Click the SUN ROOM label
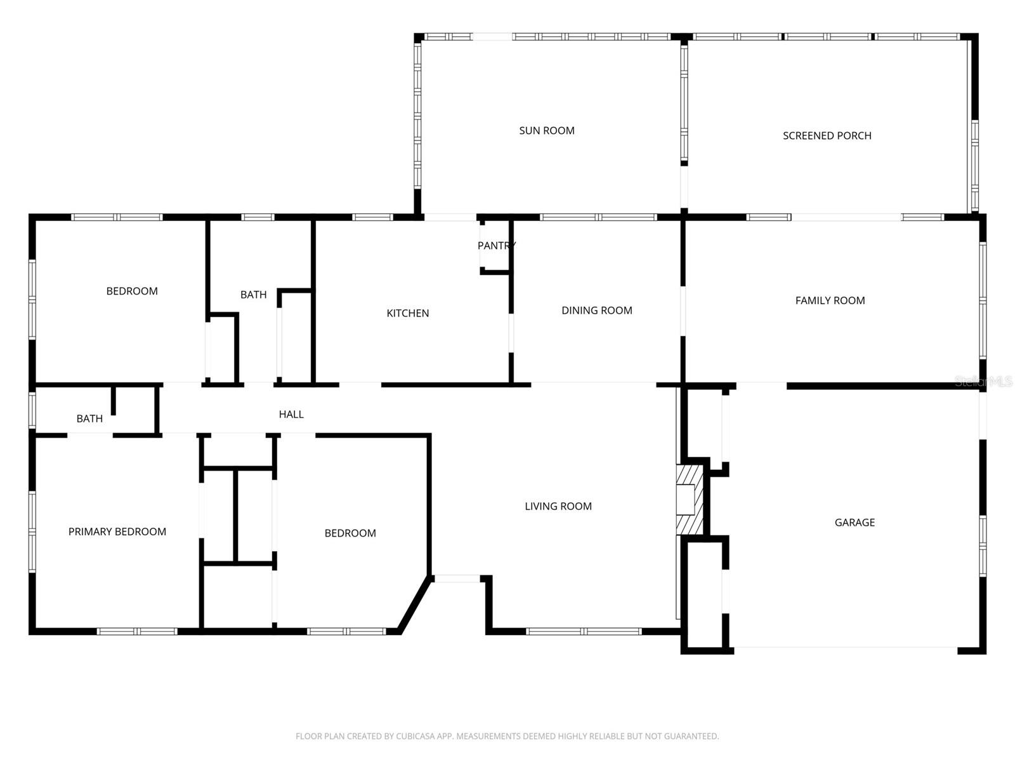pyautogui.click(x=546, y=131)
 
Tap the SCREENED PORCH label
pyautogui.click(x=827, y=136)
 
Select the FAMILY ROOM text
pyautogui.click(x=830, y=301)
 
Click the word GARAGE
pyautogui.click(x=855, y=523)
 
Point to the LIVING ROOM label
pyautogui.click(x=558, y=507)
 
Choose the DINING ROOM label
pyautogui.click(x=596, y=311)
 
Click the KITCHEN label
pyautogui.click(x=407, y=313)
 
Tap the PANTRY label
pyautogui.click(x=496, y=246)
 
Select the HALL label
pyautogui.click(x=291, y=415)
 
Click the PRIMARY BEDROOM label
pyautogui.click(x=117, y=532)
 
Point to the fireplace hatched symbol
pyautogui.click(x=690, y=499)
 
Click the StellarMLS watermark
pyautogui.click(x=983, y=381)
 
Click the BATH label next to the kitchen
pyautogui.click(x=253, y=295)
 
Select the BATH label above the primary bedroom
pyautogui.click(x=89, y=418)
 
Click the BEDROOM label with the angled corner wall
pyautogui.click(x=350, y=533)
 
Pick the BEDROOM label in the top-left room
pyautogui.click(x=131, y=291)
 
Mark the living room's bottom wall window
pyautogui.click(x=584, y=631)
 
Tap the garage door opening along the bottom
pyautogui.click(x=845, y=648)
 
